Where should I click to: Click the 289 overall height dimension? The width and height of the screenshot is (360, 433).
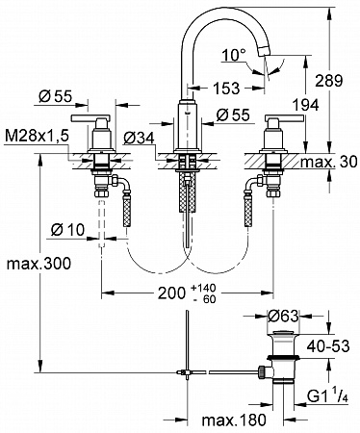[x=329, y=81]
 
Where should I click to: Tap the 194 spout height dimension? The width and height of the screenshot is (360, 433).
[x=305, y=105]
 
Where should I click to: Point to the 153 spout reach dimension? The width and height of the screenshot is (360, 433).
[x=226, y=89]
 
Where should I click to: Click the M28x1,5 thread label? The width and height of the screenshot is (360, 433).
[x=37, y=137]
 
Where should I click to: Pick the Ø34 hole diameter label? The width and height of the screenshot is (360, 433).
[x=139, y=139]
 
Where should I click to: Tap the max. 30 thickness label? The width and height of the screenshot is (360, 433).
[x=329, y=163]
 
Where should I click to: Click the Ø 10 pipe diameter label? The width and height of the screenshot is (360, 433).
[x=67, y=230]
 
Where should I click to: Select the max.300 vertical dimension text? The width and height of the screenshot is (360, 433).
[x=39, y=264]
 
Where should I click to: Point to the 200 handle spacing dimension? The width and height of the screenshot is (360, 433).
[x=171, y=293]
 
